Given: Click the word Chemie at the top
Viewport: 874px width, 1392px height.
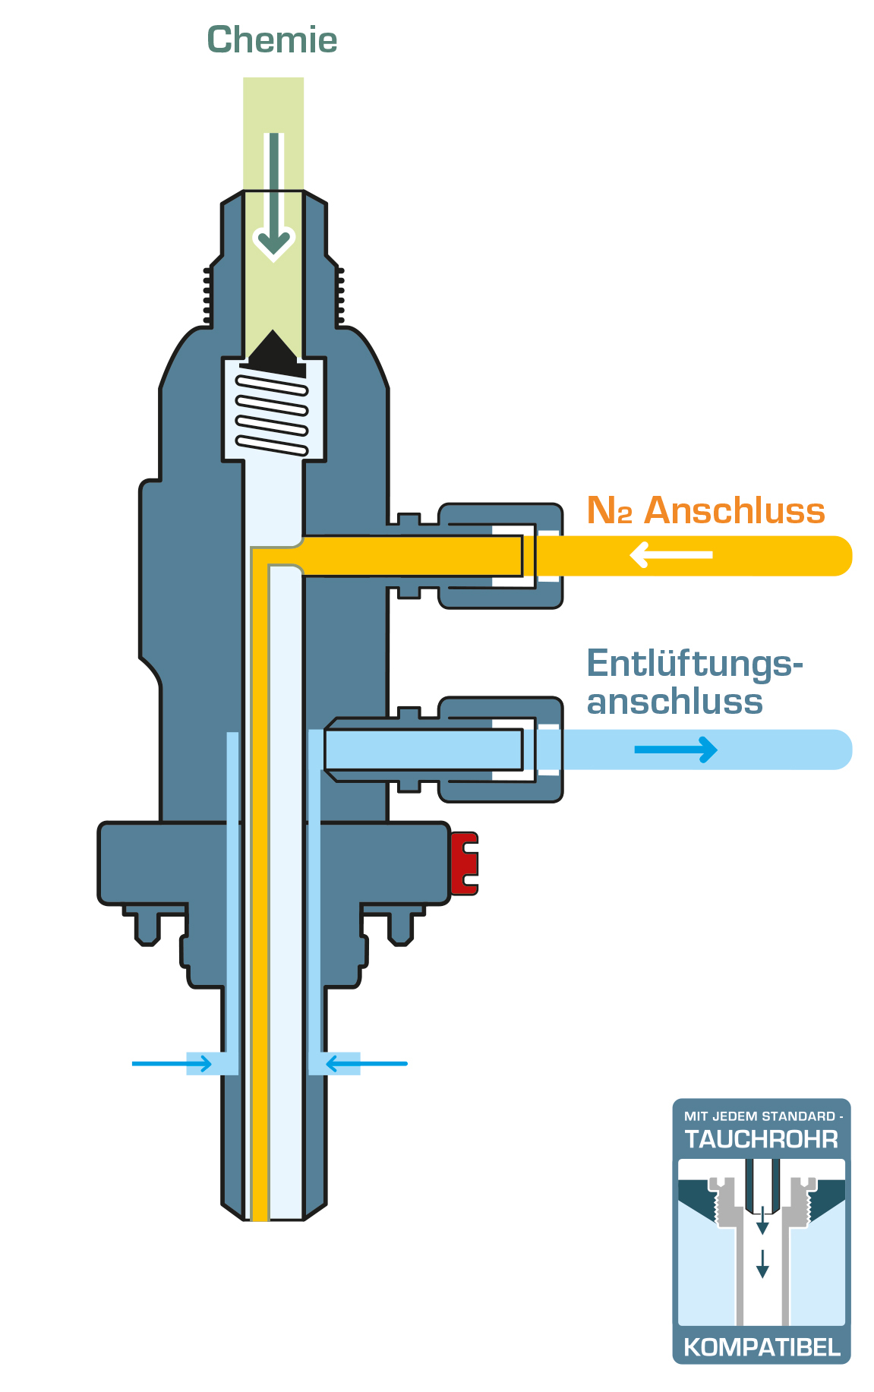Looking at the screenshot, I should [x=272, y=40].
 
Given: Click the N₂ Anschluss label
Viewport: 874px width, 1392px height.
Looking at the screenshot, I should [x=705, y=510].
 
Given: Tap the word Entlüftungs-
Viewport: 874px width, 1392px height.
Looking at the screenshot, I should [x=694, y=664].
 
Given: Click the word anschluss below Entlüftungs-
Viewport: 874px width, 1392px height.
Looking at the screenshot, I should [x=674, y=701].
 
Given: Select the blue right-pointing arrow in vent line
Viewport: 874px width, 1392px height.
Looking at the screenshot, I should [x=676, y=750].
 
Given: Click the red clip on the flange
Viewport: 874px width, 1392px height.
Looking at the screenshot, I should [x=464, y=863].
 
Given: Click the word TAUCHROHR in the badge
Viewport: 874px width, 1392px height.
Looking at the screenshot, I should [x=761, y=1139].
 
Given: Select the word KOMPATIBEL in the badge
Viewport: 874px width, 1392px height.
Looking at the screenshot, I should [x=762, y=1347].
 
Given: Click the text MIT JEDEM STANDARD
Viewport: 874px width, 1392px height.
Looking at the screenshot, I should [x=759, y=1116].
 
